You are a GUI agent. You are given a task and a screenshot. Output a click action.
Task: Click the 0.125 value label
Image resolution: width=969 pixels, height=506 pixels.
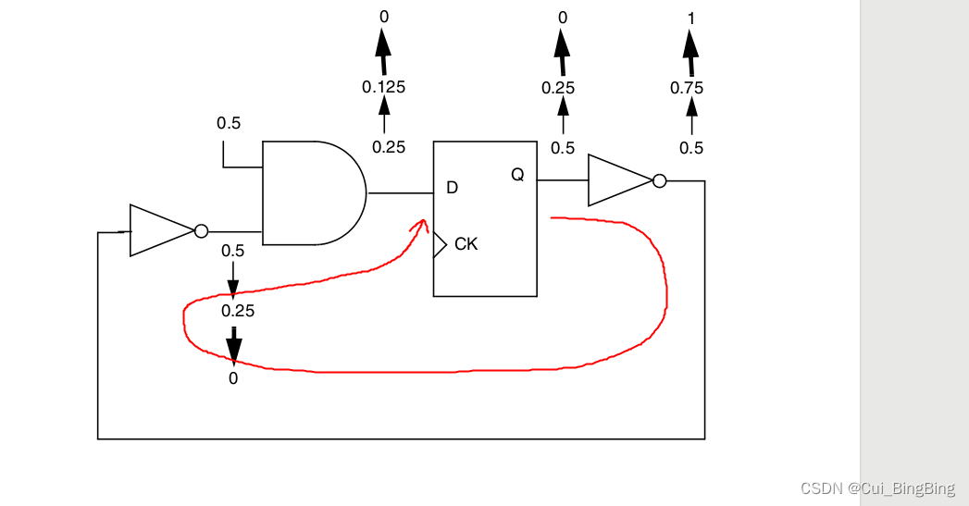[383, 87]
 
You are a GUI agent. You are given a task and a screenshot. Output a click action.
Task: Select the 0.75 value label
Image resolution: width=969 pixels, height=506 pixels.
[687, 88]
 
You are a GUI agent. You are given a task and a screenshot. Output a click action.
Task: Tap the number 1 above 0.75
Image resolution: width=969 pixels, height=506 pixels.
[690, 18]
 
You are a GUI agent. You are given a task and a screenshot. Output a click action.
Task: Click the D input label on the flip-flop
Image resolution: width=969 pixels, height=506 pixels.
[452, 188]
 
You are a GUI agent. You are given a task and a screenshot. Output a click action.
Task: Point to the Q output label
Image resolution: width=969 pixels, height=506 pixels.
[517, 175]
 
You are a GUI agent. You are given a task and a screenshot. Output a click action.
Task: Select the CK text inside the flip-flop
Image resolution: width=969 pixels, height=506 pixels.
[466, 244]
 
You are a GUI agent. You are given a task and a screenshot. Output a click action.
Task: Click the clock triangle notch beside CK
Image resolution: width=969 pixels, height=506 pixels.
[440, 244]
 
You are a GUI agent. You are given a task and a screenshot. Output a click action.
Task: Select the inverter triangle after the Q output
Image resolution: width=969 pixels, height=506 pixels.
[618, 180]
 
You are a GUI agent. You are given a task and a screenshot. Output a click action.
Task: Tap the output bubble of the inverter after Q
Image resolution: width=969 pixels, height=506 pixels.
[659, 180]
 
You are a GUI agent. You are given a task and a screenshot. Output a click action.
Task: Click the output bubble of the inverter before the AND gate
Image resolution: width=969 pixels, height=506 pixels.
[201, 230]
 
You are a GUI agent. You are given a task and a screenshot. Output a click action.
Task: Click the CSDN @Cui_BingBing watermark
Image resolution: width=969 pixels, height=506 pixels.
[877, 488]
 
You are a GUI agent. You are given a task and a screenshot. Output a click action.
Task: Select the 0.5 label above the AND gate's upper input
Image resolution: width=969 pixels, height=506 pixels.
[230, 123]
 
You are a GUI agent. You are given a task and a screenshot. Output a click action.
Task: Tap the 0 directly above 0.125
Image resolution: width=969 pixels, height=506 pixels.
[383, 17]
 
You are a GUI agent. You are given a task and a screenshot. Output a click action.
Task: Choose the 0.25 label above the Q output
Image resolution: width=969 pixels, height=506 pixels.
[558, 88]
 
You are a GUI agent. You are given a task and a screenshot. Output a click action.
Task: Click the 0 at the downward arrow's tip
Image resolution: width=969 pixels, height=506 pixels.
[233, 377]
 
